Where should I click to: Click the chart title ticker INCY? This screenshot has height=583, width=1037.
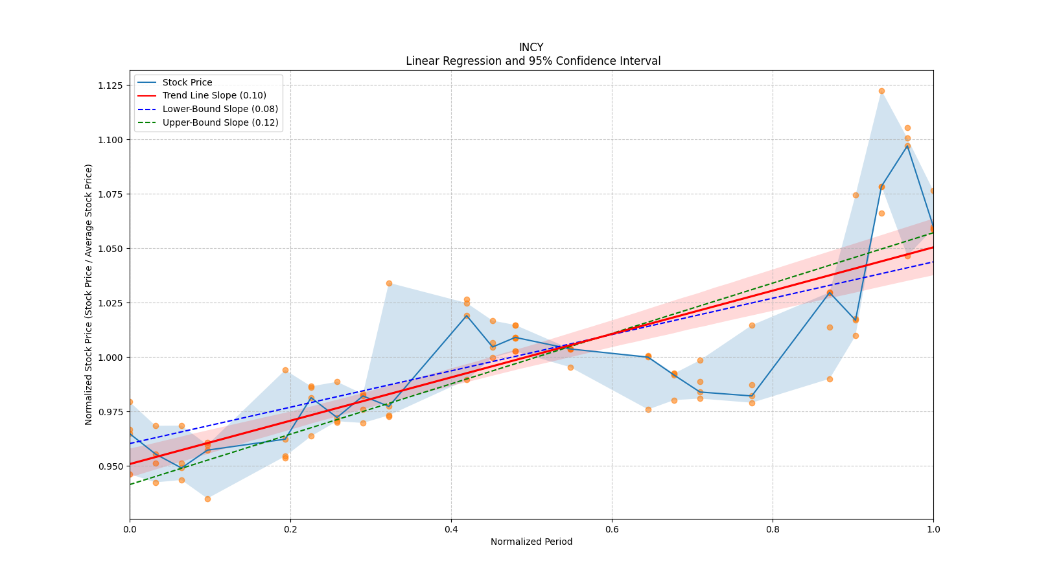[x=531, y=47]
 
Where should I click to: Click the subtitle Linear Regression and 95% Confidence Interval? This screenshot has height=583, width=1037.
[x=533, y=61]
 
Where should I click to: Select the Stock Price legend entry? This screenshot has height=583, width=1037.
[x=187, y=82]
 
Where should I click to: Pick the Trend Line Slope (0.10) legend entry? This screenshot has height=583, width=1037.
[x=214, y=96]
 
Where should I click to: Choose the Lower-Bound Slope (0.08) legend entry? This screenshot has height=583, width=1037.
[x=220, y=109]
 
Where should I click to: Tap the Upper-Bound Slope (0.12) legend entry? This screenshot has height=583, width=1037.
[x=220, y=122]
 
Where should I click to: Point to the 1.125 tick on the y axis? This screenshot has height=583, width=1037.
[x=111, y=86]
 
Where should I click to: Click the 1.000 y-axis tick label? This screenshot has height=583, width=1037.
[x=111, y=358]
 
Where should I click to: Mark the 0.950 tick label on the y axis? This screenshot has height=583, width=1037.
[x=111, y=466]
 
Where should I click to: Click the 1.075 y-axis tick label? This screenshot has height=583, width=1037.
[x=111, y=194]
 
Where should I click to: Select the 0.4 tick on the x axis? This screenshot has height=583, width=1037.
[x=451, y=529]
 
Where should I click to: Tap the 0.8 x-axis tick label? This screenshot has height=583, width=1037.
[x=773, y=529]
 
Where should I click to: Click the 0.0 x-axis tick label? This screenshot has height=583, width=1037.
[x=130, y=529]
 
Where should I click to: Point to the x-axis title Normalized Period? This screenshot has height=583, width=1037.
[x=531, y=542]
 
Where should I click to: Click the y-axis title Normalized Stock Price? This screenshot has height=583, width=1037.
[x=89, y=294]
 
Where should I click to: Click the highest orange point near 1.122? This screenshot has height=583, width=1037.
[x=881, y=91]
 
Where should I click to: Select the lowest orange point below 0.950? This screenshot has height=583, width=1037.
[x=207, y=499]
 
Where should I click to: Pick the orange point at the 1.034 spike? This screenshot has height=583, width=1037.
[x=389, y=283]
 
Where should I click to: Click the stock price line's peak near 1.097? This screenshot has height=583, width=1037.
[x=907, y=146]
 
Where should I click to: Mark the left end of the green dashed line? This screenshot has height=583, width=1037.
[x=130, y=484]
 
